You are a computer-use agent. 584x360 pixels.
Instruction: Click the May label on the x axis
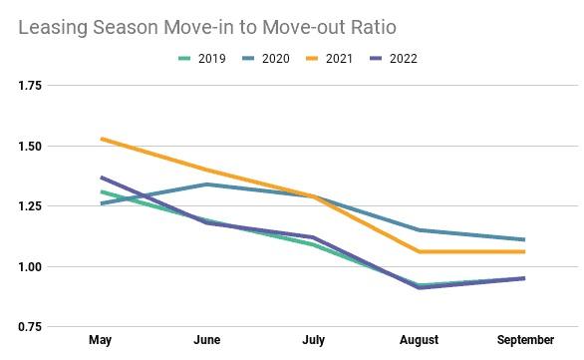click(101, 341)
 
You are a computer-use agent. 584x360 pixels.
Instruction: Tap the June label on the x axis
click(206, 341)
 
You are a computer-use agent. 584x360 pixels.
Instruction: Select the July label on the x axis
click(312, 341)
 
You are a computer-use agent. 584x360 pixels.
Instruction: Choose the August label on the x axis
click(419, 341)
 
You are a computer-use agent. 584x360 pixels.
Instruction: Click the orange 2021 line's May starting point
click(101, 139)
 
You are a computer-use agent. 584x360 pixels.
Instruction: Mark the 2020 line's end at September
click(524, 239)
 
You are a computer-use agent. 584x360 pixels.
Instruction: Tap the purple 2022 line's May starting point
click(101, 178)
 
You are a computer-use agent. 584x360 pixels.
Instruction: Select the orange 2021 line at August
click(419, 251)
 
